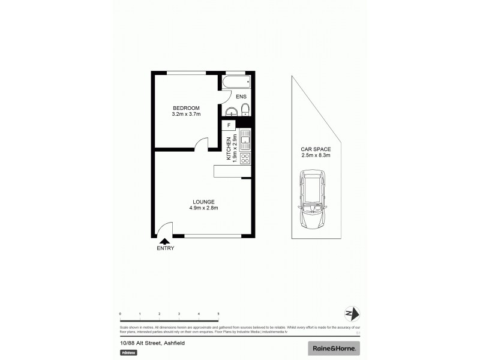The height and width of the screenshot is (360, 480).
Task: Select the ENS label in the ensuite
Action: point(241,97)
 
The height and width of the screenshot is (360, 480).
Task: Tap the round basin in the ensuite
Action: point(230,110)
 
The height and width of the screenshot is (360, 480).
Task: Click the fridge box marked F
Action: point(229,125)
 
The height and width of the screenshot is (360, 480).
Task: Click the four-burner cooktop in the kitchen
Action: point(245,158)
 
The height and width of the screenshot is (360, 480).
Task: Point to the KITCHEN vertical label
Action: point(229,148)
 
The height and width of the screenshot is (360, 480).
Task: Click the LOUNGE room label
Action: point(203,202)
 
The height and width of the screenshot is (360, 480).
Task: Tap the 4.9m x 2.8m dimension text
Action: point(203,208)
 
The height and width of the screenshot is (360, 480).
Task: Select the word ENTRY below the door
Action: point(165,248)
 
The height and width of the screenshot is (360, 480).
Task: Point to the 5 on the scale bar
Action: point(218,314)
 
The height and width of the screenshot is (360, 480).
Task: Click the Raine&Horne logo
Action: point(334,348)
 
